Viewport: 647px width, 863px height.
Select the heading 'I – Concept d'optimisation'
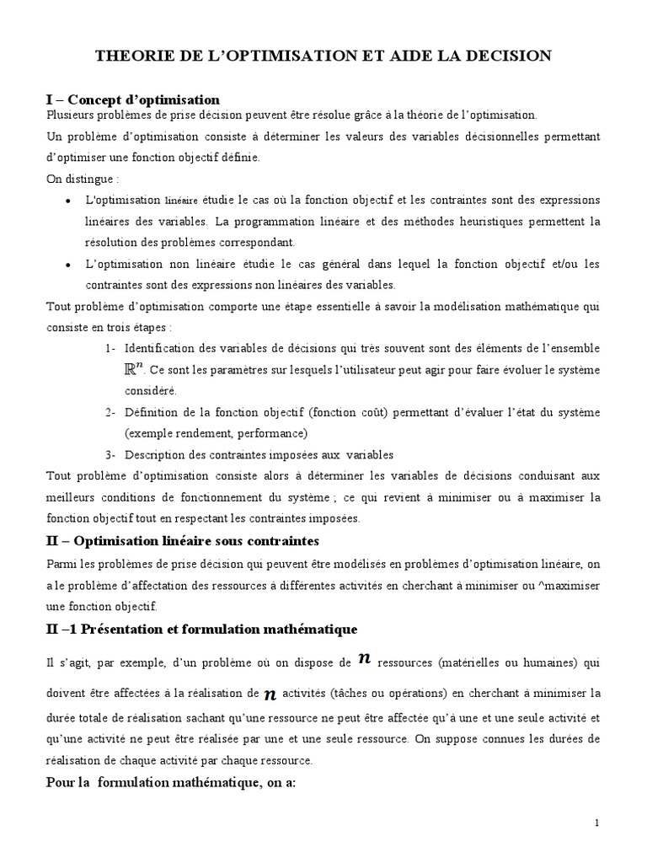tap(132, 99)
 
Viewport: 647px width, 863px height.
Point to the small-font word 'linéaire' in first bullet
tap(181, 201)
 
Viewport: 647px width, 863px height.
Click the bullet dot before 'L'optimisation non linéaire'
tap(67, 265)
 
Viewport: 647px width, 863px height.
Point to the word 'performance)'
tap(269, 433)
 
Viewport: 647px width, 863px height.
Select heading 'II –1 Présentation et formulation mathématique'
tap(202, 630)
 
